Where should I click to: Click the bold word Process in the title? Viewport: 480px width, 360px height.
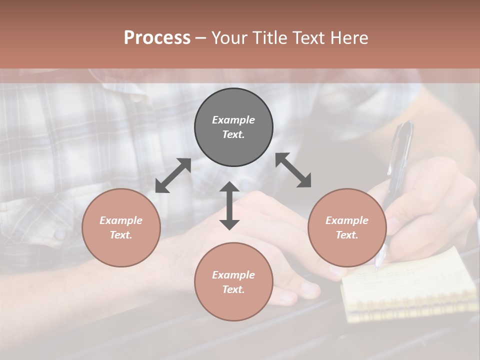[x=157, y=38]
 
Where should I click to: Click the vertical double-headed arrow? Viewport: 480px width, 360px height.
[x=229, y=205]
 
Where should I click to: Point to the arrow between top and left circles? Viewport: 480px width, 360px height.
[x=173, y=175]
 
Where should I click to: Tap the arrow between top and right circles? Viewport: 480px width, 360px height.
[x=293, y=170]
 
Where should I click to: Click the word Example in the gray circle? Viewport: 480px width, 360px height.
[x=233, y=120]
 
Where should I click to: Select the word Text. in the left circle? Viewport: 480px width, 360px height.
[x=121, y=235]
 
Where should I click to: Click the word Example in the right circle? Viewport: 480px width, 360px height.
[x=347, y=220]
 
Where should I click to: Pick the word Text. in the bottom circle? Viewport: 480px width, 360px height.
[x=233, y=289]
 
